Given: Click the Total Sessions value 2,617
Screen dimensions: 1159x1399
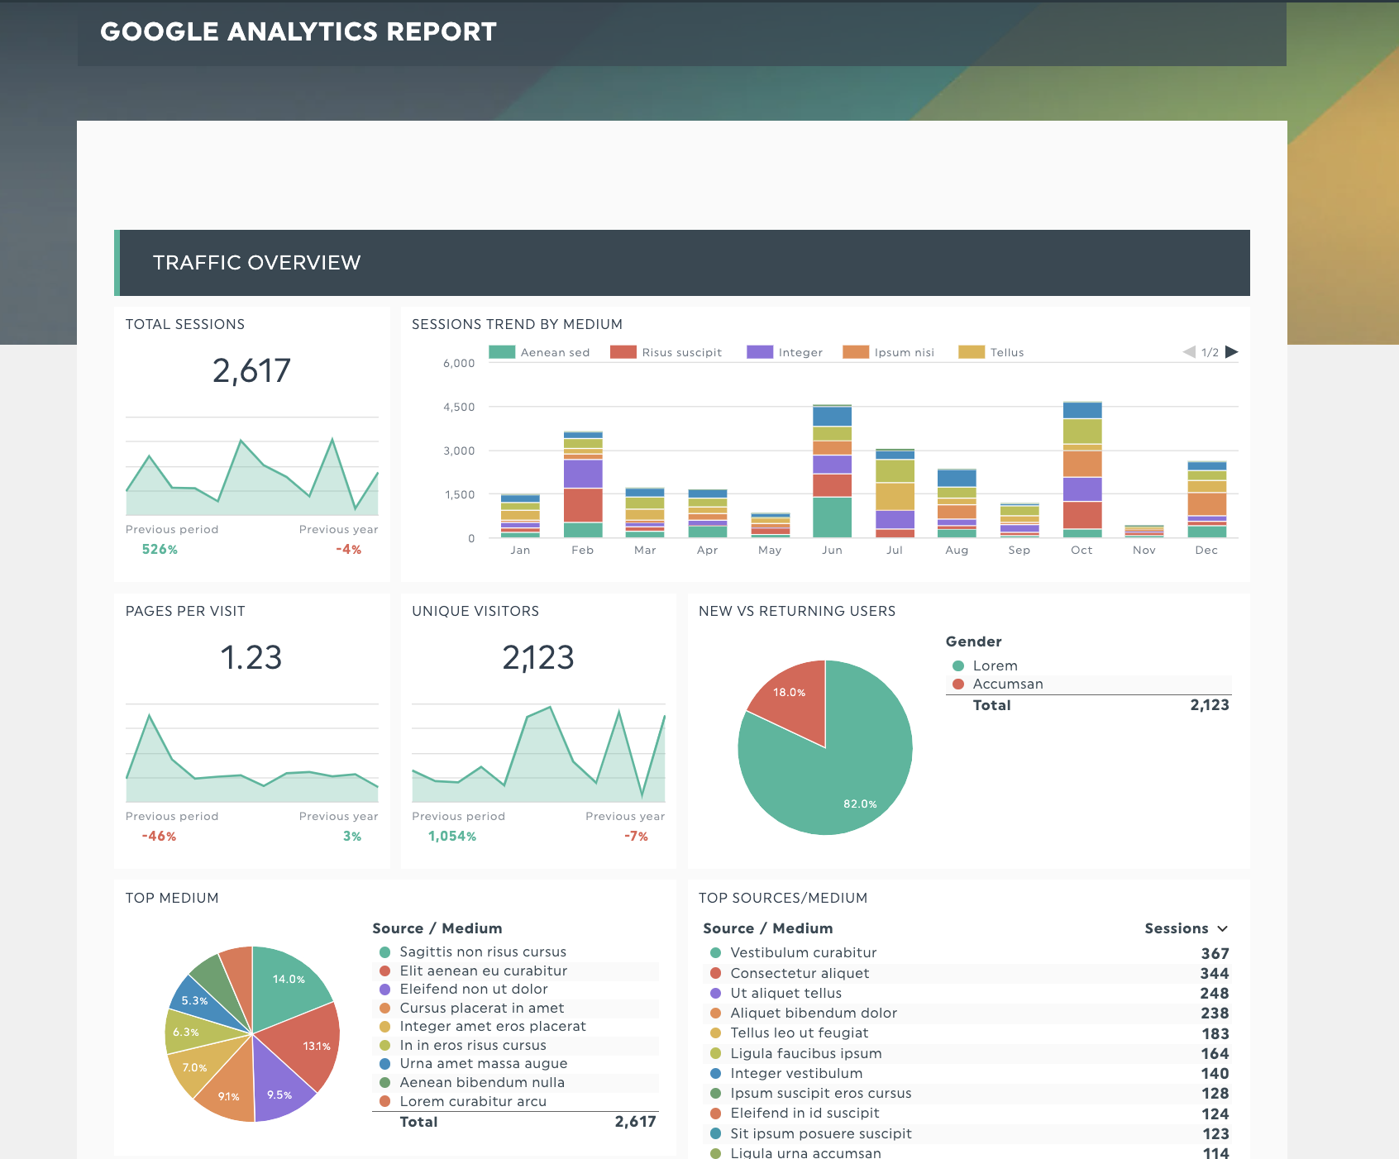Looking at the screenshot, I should (x=251, y=371).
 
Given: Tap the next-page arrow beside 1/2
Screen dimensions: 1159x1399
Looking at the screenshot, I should (x=1231, y=351).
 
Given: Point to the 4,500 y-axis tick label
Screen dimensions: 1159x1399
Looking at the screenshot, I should (x=459, y=407).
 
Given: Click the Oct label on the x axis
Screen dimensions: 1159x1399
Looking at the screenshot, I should (x=1081, y=550).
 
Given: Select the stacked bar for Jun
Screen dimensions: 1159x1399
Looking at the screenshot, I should (x=832, y=471).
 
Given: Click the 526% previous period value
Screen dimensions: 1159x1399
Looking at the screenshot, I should (x=160, y=550).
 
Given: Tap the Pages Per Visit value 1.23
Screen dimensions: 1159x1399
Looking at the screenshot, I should (x=251, y=658).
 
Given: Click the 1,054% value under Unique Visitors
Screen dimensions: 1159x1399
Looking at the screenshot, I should (x=452, y=837).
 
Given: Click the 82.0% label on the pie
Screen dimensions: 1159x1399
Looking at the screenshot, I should (x=860, y=804).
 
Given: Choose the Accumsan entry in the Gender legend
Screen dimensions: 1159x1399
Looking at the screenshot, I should (x=1007, y=684).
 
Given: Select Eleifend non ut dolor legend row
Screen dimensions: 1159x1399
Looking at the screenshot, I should (x=473, y=990).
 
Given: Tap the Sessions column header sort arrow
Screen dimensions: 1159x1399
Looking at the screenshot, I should (x=1223, y=929).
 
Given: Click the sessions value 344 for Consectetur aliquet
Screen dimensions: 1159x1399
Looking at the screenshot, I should (x=1214, y=974).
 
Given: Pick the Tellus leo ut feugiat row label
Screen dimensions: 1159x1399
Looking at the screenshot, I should (x=799, y=1033).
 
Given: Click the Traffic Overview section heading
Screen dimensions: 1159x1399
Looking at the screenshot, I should (x=256, y=263).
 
